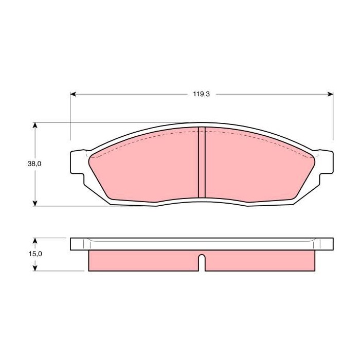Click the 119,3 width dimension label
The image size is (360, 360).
tap(202, 94)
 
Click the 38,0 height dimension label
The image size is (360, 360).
tap(34, 164)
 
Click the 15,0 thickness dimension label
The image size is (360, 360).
tap(35, 254)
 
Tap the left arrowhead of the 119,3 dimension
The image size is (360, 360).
tap(73, 94)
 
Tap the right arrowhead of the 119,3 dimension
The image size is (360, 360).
tap(330, 94)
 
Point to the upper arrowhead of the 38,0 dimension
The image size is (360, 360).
tap(35, 125)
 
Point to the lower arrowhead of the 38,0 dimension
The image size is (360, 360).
tap(35, 203)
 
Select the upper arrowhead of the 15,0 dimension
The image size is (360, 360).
tap(35, 241)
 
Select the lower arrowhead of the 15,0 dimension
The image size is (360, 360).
tap(35, 268)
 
